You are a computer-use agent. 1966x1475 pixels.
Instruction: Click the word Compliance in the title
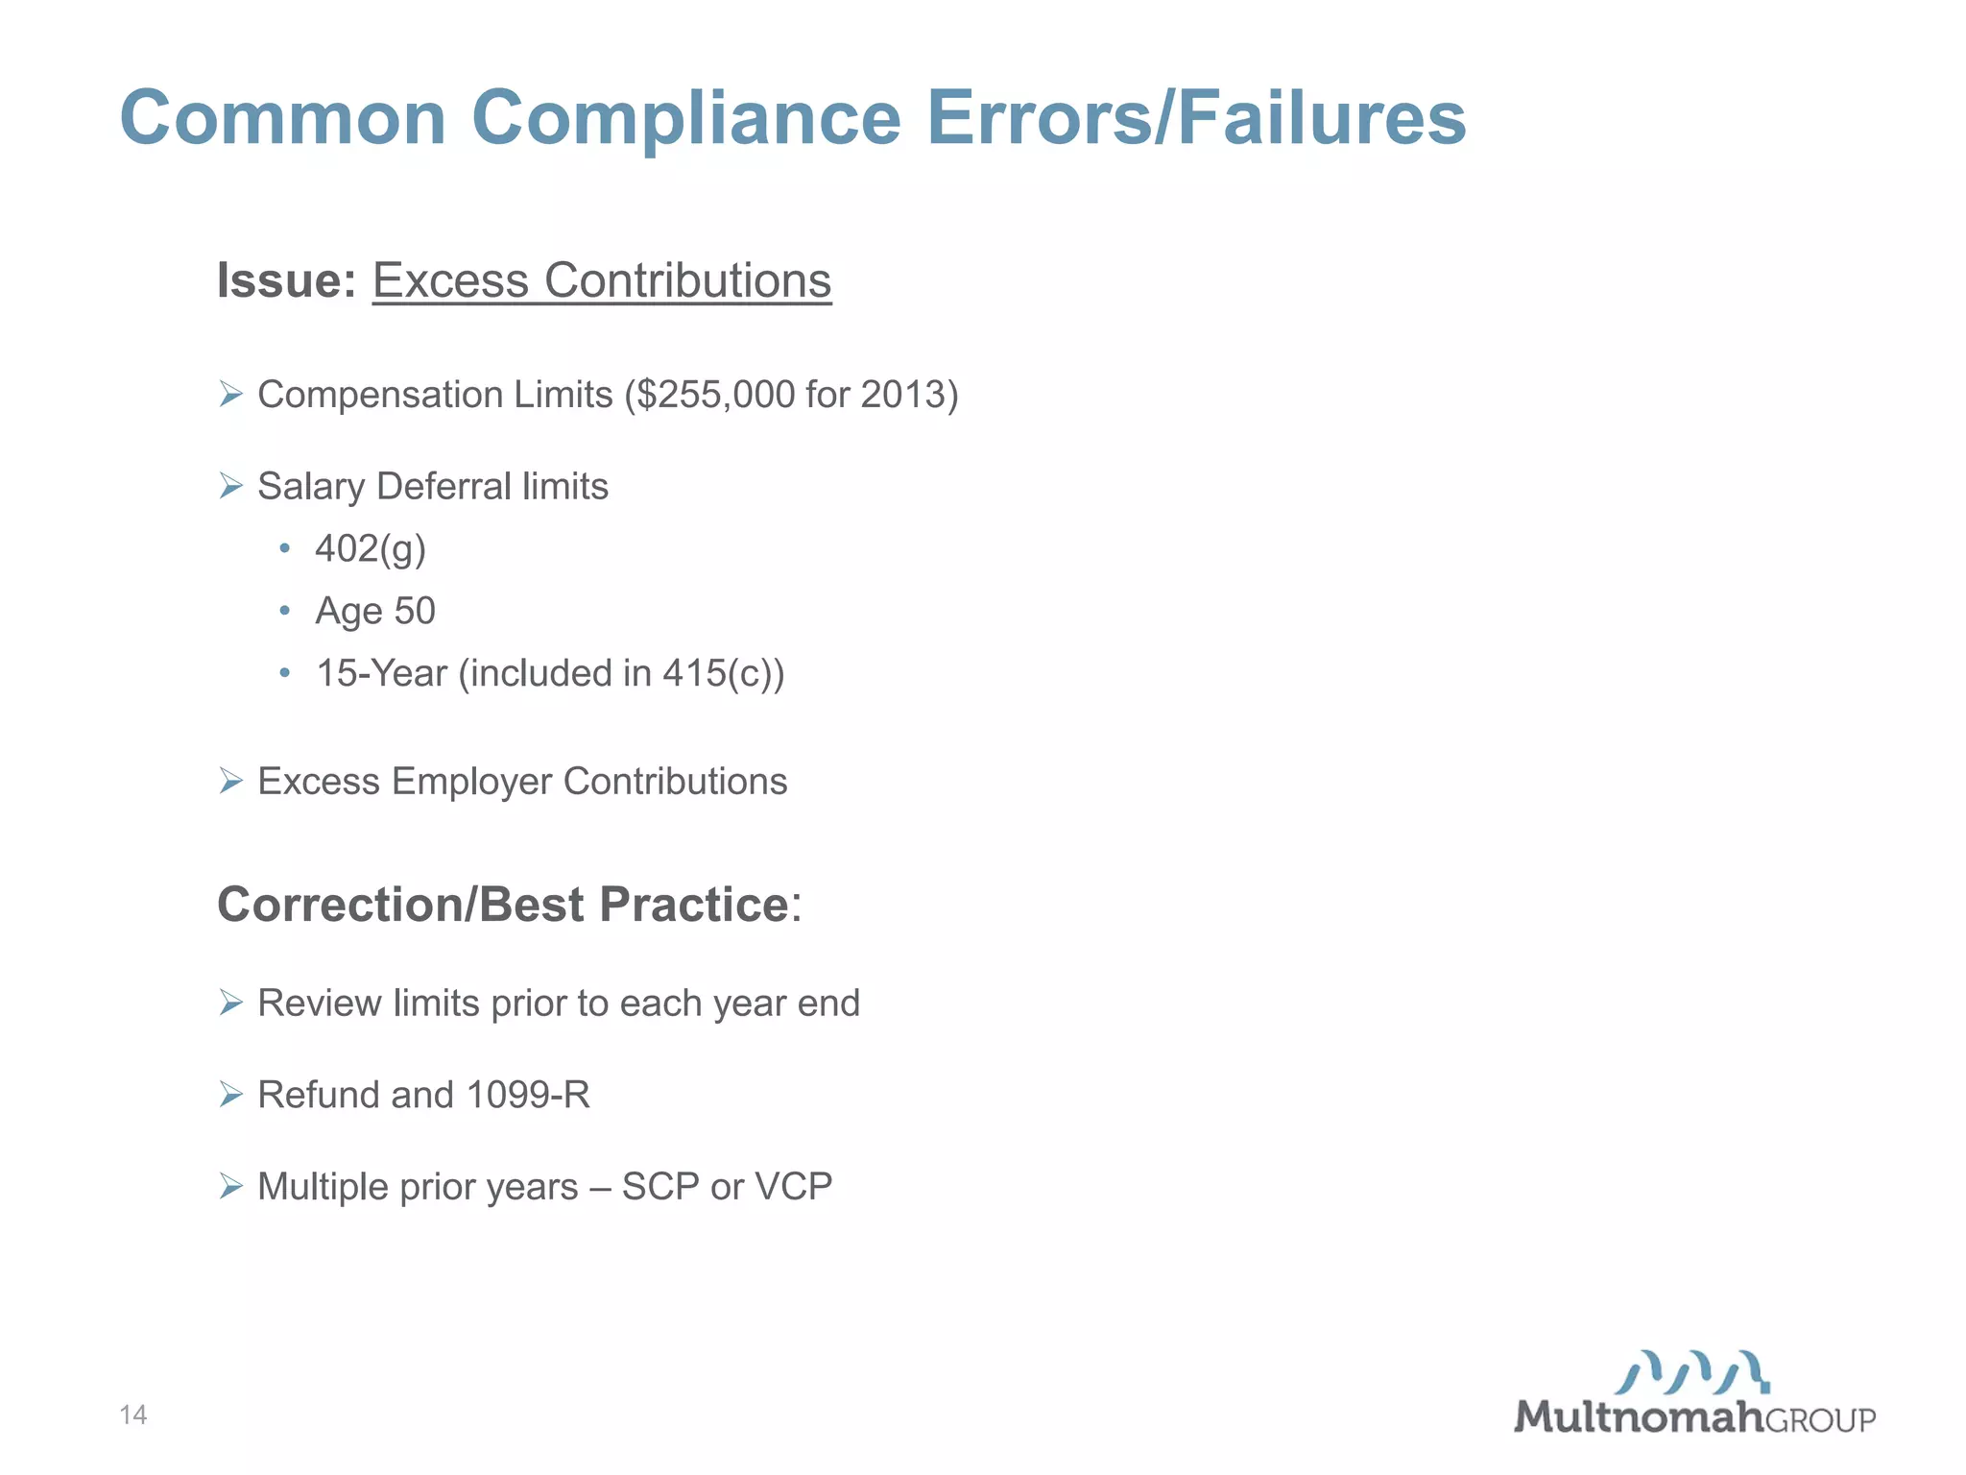[x=685, y=119]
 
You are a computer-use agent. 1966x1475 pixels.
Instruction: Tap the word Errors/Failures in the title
[x=1196, y=117]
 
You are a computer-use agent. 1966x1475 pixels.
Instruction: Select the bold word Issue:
[x=286, y=281]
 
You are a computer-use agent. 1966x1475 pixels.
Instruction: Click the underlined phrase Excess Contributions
[x=602, y=281]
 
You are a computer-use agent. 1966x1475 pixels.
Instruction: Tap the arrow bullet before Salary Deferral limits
[x=230, y=486]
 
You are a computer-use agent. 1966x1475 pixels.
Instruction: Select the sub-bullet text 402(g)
[x=371, y=549]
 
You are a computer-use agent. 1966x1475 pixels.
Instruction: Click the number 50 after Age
[x=415, y=611]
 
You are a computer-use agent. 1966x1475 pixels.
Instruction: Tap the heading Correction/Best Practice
[x=504, y=905]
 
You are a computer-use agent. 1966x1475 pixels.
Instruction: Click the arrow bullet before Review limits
[x=230, y=1003]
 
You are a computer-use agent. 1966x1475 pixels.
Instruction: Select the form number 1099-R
[x=528, y=1095]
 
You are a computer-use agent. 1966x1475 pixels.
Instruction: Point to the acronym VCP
[x=793, y=1187]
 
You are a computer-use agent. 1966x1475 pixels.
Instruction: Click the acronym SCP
[x=660, y=1187]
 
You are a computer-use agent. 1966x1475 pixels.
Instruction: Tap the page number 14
[x=133, y=1415]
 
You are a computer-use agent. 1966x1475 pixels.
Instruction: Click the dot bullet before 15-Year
[x=284, y=673]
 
